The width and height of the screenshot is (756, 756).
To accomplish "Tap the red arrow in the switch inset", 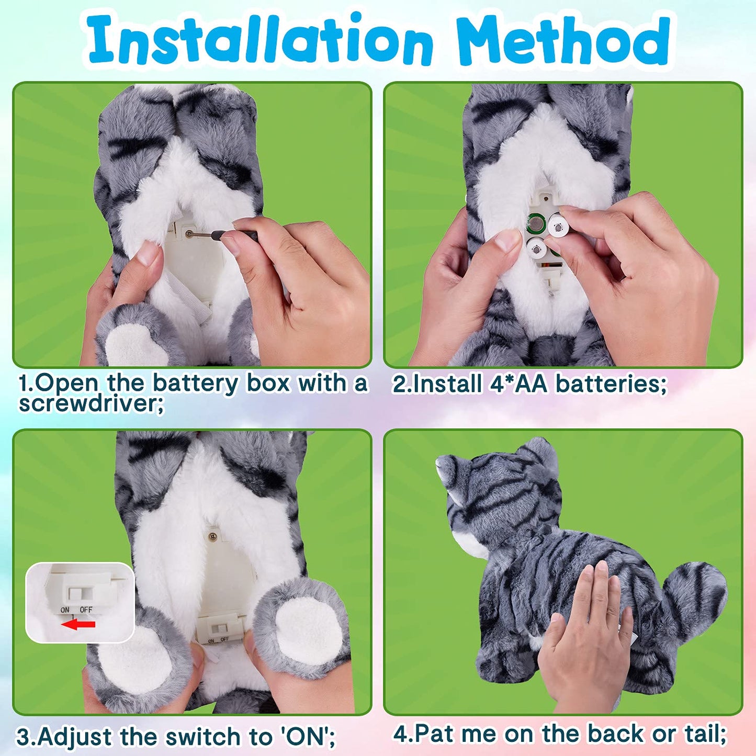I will (x=78, y=624).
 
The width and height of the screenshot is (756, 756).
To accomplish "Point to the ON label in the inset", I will (x=65, y=610).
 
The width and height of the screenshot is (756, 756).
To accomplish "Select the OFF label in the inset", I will (x=86, y=610).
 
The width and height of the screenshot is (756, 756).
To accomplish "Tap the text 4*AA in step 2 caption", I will (x=518, y=384).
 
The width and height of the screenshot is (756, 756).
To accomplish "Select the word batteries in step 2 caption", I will (x=610, y=384).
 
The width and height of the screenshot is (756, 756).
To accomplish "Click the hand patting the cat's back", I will (x=586, y=633).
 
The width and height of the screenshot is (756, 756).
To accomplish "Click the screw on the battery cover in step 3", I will (x=213, y=536).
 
